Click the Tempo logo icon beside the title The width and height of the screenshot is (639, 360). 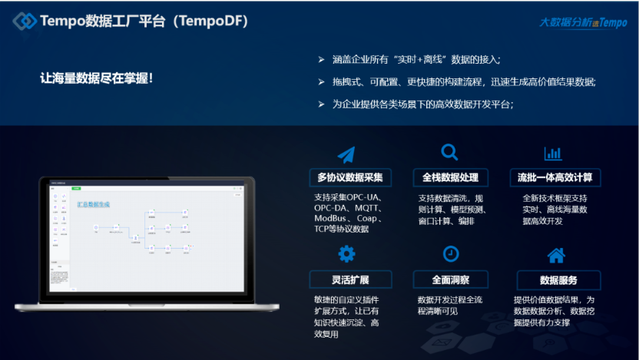coord(25,21)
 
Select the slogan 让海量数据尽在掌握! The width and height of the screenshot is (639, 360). coord(97,78)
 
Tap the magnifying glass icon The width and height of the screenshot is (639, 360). coord(449,152)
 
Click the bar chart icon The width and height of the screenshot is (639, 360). coord(553,153)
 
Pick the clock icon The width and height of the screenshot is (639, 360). coord(451,253)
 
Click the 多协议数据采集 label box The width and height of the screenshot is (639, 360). coord(350,177)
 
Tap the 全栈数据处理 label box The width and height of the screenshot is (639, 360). coord(451,177)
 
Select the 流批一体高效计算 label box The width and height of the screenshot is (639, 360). coord(555,177)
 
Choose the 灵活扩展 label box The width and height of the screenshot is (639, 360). coord(350,279)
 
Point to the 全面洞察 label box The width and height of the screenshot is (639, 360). coord(451,279)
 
